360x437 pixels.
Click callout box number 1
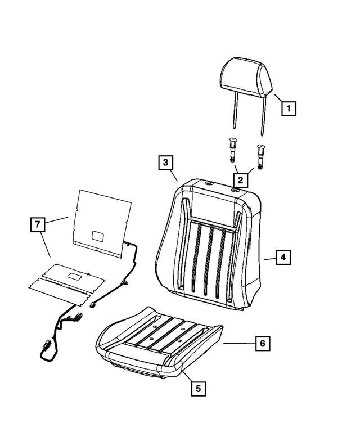point(288,107)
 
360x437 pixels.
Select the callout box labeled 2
point(240,180)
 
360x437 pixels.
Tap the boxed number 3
point(164,163)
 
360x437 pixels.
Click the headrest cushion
point(246,76)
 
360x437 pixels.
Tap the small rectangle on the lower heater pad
point(74,276)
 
